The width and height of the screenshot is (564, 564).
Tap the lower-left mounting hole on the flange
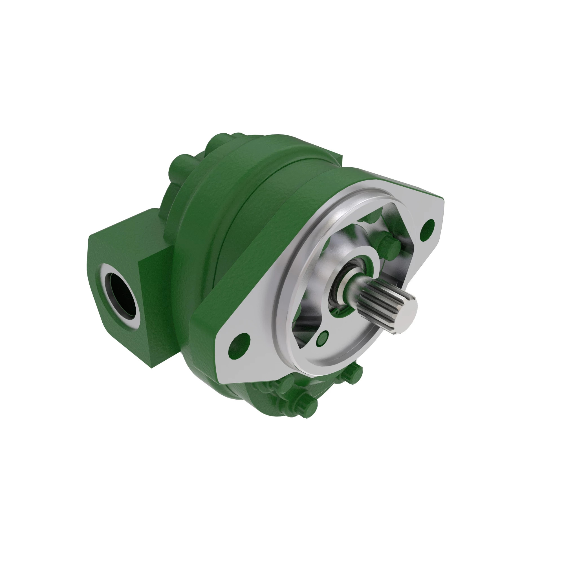[x=239, y=345]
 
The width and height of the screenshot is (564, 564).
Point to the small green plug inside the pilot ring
[x=322, y=338]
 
